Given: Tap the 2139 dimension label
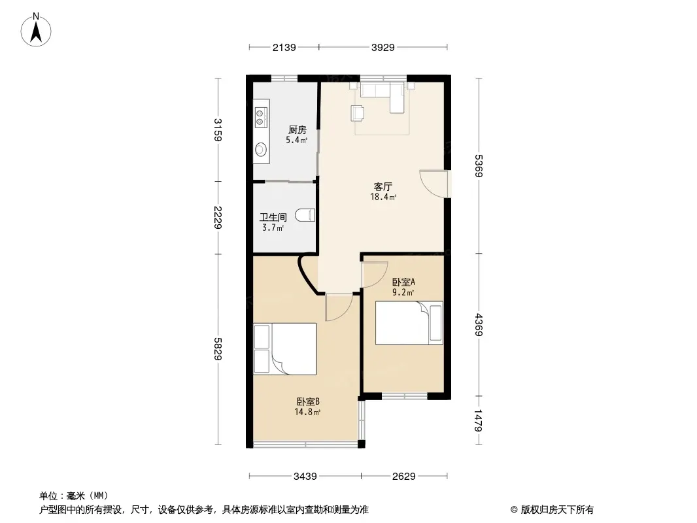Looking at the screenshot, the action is point(284,47).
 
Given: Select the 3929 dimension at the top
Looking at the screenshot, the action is point(382,47).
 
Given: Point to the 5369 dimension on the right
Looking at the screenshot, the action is point(479,166).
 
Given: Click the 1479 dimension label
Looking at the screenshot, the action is point(479,420).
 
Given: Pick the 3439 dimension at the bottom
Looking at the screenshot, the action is point(305,477).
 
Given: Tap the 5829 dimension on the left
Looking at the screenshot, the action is point(217,349).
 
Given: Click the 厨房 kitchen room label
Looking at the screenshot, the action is point(297,129).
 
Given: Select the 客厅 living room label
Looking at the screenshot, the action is point(382,186).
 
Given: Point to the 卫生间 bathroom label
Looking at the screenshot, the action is point(273,217).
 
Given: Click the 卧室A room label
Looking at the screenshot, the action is point(403,282).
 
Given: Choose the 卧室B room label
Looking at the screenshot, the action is point(308,401).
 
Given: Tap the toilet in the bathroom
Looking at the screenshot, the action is point(305,215).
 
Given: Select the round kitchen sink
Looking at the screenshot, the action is point(261,149).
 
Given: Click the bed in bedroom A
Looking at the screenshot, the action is point(409,323).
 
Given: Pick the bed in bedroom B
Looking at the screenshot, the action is point(285,349).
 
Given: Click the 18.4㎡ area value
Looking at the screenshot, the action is point(383,197).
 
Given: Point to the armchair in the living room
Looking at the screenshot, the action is point(358,113).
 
